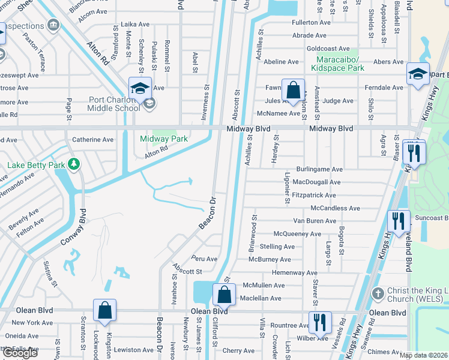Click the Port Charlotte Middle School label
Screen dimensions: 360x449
[x=114, y=104]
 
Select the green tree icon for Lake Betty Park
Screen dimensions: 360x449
[x=74, y=164]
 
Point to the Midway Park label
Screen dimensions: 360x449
[x=164, y=139]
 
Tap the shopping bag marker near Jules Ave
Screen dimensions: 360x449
[x=292, y=92]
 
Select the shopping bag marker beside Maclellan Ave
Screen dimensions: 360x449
[x=223, y=295]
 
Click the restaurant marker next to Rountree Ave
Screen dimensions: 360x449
[x=320, y=322]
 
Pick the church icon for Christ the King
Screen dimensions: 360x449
[x=378, y=294]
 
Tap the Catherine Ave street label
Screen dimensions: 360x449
[x=92, y=140]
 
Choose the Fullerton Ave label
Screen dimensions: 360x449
[x=311, y=22]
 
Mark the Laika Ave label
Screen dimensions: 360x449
[x=135, y=25]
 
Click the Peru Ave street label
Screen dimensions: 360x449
[x=203, y=259]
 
